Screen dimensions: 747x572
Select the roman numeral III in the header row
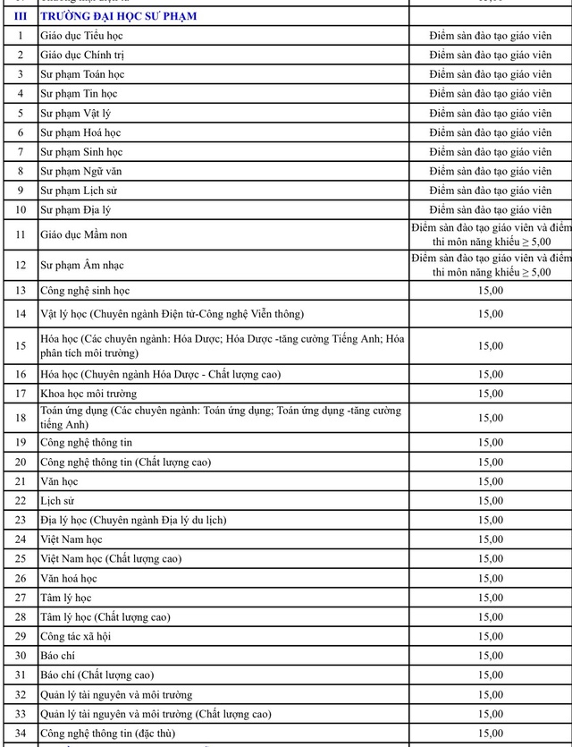[20, 16]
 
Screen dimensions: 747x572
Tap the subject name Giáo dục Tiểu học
[80, 35]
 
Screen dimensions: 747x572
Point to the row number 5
[20, 114]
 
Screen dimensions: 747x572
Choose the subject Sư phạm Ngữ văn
[82, 171]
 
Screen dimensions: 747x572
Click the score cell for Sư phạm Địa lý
[490, 210]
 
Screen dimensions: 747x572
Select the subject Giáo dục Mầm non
[81, 235]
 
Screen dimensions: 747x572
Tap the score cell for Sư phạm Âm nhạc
[490, 265]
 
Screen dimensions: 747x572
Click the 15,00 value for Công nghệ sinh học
[490, 291]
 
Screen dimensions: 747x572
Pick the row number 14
[20, 313]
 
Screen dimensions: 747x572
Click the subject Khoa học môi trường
[88, 393]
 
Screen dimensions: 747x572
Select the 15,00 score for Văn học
[490, 481]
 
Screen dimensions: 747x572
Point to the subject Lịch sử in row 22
[56, 501]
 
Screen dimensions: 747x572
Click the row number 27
[20, 598]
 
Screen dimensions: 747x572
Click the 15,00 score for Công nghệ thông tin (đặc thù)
[490, 734]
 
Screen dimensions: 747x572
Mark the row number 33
[20, 714]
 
